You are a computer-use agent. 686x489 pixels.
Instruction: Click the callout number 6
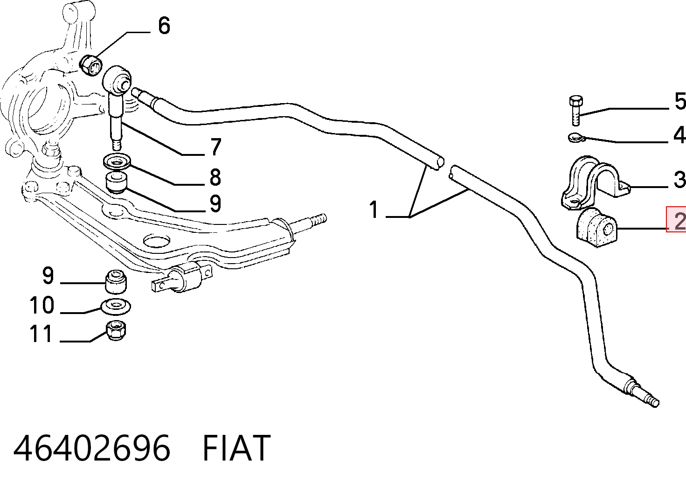click(164, 26)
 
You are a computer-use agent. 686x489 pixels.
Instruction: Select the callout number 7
click(216, 147)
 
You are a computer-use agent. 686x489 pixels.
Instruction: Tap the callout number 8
click(215, 177)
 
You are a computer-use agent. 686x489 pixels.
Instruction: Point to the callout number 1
click(374, 210)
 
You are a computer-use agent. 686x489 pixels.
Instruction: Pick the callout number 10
click(42, 305)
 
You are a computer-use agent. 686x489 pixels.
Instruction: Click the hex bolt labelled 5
click(576, 111)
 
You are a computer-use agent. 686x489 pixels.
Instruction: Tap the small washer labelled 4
click(576, 138)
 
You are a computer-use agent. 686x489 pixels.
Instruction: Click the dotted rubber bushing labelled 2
click(596, 227)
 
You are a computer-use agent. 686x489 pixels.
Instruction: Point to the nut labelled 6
click(91, 65)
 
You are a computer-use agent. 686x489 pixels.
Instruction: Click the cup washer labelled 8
click(117, 162)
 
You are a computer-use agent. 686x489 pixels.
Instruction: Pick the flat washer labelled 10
click(116, 306)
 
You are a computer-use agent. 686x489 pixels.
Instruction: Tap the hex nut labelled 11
click(116, 330)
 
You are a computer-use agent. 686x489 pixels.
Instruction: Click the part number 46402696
click(91, 447)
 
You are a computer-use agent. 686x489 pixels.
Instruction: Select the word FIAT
click(236, 447)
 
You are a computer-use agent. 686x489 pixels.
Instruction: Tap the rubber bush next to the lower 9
click(116, 281)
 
